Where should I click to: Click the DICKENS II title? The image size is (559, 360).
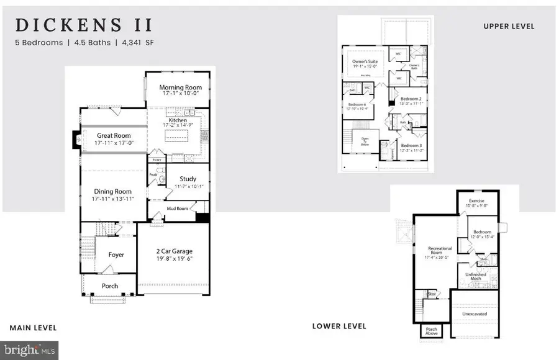tap(84, 25)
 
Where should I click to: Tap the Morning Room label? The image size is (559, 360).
tap(179, 88)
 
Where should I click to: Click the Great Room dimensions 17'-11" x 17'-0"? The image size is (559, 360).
tap(114, 143)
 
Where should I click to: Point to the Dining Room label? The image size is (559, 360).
tap(114, 191)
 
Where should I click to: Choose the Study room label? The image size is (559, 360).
tap(188, 179)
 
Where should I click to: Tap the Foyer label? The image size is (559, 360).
tap(116, 254)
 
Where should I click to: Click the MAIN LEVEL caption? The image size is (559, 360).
tap(33, 328)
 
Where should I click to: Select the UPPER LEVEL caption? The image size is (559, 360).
tap(509, 26)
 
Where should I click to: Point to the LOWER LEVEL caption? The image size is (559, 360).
tap(339, 326)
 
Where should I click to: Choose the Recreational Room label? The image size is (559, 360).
tap(440, 251)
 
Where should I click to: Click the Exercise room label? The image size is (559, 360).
tap(477, 200)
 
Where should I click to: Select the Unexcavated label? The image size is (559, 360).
tap(475, 314)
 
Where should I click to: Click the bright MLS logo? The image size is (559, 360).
tap(30, 350)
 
